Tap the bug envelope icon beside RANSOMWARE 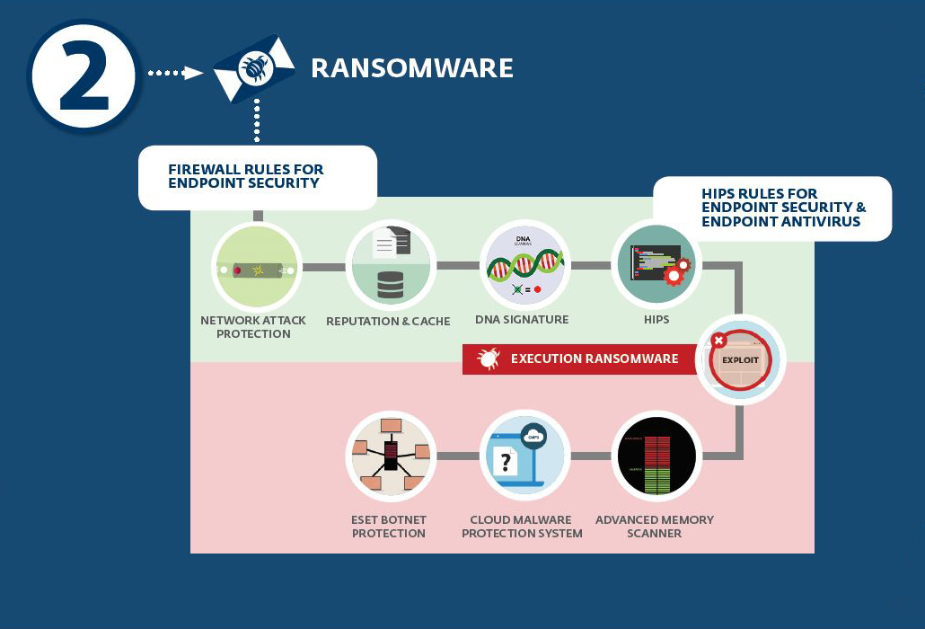point(254,69)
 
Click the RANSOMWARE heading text point(412,68)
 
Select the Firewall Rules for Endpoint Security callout point(257,176)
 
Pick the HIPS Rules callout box point(772,208)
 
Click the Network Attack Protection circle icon point(256,268)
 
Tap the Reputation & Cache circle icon point(391,265)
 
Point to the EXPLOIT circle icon point(741,359)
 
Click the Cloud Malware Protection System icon point(523,456)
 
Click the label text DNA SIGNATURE point(522,320)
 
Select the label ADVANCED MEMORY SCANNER point(655,527)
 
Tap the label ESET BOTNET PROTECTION point(389,527)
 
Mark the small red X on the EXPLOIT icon point(718,341)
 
